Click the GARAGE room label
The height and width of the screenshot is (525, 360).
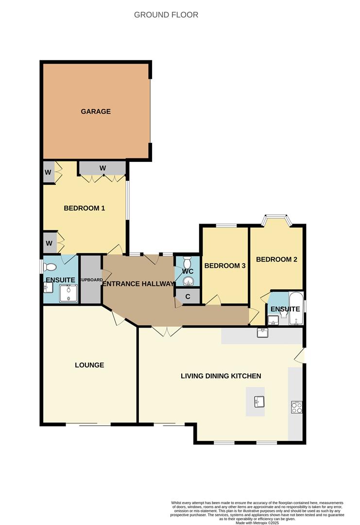(96, 111)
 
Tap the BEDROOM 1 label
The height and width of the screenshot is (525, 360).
(85, 208)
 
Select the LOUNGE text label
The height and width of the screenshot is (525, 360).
(89, 365)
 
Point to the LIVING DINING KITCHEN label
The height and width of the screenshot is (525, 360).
(221, 376)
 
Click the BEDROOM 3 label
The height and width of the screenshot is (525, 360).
(224, 266)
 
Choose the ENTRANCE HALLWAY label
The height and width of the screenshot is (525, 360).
(138, 284)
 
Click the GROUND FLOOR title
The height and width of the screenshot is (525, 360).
(166, 15)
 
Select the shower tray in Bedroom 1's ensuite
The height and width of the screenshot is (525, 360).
(69, 294)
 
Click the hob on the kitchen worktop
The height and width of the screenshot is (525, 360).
(296, 407)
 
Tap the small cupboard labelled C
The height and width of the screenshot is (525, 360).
(187, 296)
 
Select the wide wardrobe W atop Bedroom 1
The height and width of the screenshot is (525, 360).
(103, 168)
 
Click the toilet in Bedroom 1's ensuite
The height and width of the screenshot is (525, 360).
(50, 266)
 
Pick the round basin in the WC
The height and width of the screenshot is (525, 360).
(188, 281)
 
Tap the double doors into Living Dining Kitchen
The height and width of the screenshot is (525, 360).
(167, 331)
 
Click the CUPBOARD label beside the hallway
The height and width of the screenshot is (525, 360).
(91, 280)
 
